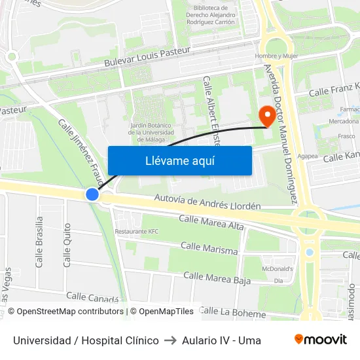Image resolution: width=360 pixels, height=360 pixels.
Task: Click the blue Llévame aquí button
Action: tap(179, 160)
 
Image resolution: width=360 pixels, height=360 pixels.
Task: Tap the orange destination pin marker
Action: tap(267, 115)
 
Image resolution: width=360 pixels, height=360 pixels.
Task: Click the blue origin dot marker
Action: tap(92, 194)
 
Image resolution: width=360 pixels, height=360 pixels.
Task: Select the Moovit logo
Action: tap(320, 340)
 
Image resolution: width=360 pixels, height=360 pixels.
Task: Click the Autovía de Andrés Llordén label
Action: tap(207, 201)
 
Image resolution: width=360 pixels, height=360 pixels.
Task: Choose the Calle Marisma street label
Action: tap(209, 248)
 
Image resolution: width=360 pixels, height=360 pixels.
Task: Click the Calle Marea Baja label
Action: tap(217, 278)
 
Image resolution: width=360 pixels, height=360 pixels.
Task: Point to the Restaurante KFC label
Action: tap(137, 232)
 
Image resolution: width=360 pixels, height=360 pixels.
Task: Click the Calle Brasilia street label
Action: tap(39, 242)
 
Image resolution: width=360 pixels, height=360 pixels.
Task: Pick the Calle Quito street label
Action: tap(67, 244)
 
